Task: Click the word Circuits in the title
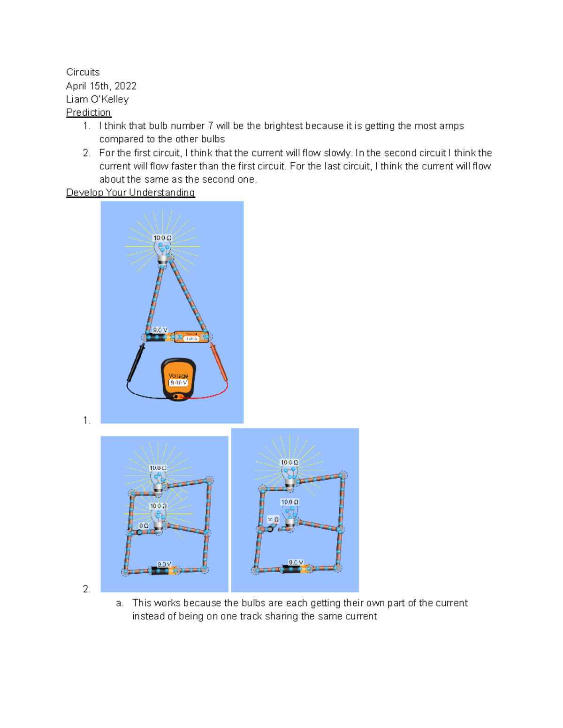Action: (x=83, y=72)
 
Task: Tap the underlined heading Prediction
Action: (x=88, y=113)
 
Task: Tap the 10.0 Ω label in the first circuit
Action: (x=162, y=238)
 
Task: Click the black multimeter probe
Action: (x=136, y=363)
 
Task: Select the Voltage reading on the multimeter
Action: (x=178, y=383)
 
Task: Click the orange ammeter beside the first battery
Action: (x=191, y=337)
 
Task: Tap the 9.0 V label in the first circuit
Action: (x=160, y=330)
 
